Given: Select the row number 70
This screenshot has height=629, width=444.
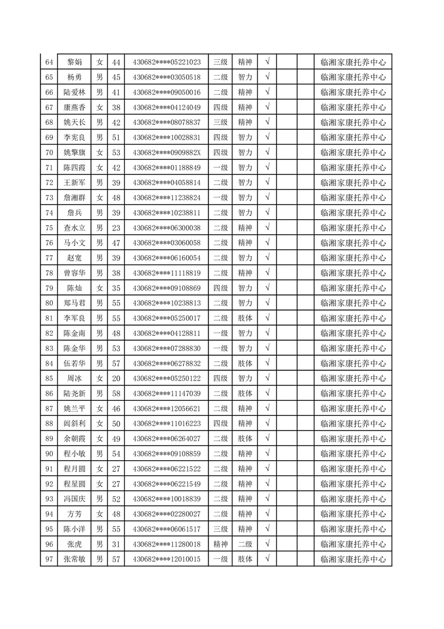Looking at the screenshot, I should click(49, 152).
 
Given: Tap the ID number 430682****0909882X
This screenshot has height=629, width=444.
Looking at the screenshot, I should click(166, 152).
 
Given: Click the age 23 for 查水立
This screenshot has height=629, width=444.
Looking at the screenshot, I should click(116, 228).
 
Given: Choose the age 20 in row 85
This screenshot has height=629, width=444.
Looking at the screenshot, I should click(116, 378).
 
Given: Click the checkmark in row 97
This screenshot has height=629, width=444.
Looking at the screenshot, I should click(268, 558).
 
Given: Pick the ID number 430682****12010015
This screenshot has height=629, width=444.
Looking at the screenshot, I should click(166, 559).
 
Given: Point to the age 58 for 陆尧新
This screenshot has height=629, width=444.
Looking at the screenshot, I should click(116, 394).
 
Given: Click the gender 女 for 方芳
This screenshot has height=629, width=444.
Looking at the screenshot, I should click(100, 514).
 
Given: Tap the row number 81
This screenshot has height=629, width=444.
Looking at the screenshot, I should click(49, 318).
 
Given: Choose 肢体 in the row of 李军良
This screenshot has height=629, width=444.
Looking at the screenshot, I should click(245, 318).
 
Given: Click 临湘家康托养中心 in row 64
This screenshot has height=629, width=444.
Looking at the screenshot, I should click(353, 62).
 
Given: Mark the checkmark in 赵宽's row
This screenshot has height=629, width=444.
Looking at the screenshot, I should click(268, 257).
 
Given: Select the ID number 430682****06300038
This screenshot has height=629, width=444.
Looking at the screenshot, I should click(166, 228).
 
